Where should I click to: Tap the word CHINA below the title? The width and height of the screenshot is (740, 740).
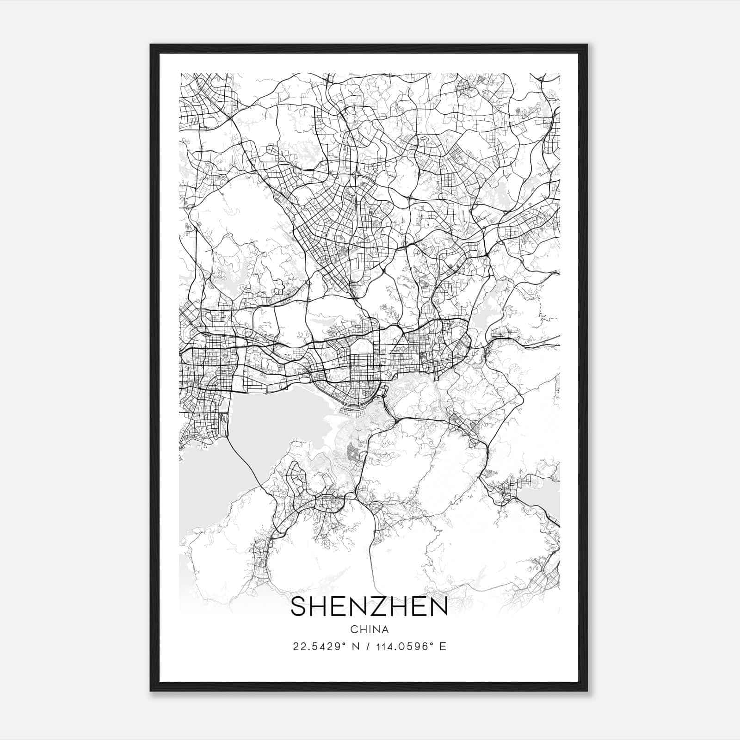369,629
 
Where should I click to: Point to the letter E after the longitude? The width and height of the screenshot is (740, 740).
443,647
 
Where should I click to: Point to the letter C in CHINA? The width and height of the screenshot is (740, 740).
354,629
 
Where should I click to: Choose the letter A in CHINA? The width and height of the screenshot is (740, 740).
385,629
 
